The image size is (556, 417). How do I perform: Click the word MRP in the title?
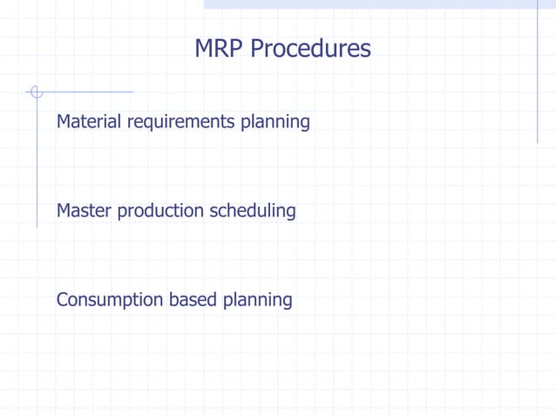(x=220, y=49)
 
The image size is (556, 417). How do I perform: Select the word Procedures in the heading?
(x=310, y=49)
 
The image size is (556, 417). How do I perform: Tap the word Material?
(x=90, y=121)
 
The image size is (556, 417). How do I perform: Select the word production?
(x=161, y=211)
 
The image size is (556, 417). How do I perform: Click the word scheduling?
(x=253, y=211)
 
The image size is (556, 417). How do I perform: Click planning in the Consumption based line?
(x=257, y=301)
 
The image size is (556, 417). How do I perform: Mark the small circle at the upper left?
(x=36, y=92)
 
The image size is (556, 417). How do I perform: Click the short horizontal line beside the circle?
(x=87, y=92)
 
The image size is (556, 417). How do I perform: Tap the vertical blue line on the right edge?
(x=537, y=79)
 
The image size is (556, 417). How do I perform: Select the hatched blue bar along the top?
(x=379, y=4)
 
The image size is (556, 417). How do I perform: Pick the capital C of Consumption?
(x=63, y=299)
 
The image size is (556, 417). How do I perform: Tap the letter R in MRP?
(x=221, y=49)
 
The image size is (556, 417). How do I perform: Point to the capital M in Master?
(x=64, y=210)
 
